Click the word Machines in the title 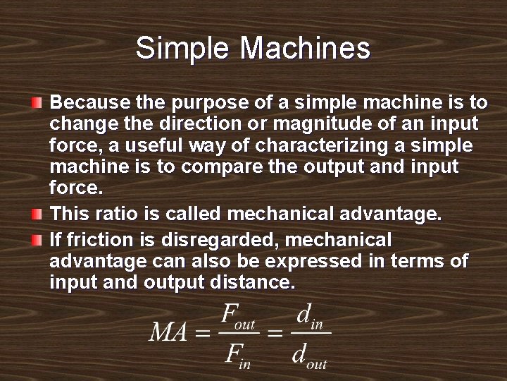(305, 48)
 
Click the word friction (94, 239)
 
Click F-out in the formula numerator (237, 315)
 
